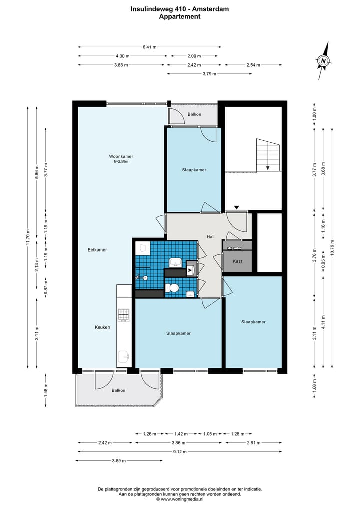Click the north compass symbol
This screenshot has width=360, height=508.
coord(323,60)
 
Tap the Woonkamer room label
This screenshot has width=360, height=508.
coord(121,156)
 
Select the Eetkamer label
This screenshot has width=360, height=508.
coord(97,250)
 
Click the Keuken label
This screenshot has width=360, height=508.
coord(102,327)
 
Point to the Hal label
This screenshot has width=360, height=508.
coord(210,237)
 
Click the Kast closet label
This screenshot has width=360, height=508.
coord(237,261)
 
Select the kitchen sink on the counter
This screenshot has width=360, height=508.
coord(124,357)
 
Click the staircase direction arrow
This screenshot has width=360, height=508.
coord(268,168)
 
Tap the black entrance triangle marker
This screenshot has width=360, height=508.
coord(237,207)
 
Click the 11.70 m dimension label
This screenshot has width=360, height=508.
coord(28,237)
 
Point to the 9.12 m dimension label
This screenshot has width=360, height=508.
coord(180,451)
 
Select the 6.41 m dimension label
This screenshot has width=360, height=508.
coord(150,47)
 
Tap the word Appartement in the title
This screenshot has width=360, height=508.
coord(179,17)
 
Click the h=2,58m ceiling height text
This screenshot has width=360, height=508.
coord(121,161)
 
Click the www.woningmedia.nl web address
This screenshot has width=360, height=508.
coord(182,499)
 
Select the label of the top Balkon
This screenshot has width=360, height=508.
coord(194,114)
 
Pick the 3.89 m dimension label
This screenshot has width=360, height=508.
coord(119,461)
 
